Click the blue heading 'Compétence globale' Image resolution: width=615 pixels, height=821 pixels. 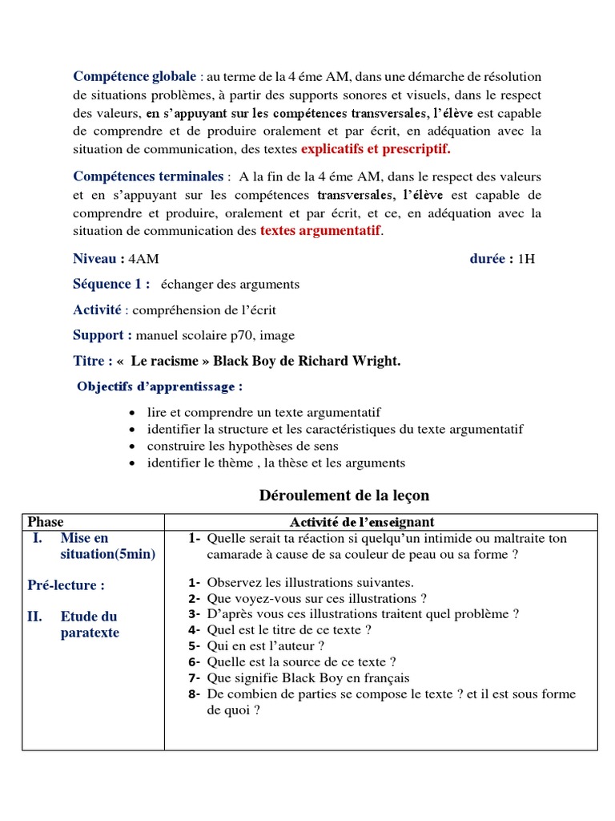click(x=135, y=77)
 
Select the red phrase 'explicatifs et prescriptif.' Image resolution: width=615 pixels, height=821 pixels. click(x=376, y=149)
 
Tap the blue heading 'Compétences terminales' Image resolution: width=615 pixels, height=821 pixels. click(x=148, y=176)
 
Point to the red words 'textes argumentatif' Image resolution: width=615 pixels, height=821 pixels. click(x=321, y=231)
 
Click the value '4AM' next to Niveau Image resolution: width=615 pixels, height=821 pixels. click(x=143, y=259)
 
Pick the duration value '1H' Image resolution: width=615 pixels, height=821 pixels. click(x=526, y=259)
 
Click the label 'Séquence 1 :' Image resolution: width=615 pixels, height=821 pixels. click(x=111, y=285)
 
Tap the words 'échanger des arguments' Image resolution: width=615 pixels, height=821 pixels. click(x=230, y=285)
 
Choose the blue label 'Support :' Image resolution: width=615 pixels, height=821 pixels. click(x=102, y=335)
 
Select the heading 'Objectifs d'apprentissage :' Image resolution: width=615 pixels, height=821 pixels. click(x=159, y=387)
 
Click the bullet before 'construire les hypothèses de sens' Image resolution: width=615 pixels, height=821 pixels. click(x=131, y=447)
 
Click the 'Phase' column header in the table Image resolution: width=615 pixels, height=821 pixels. click(x=46, y=522)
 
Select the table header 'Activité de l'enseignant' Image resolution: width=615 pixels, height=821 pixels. click(x=362, y=522)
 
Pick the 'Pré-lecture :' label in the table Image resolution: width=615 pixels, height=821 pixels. click(x=66, y=585)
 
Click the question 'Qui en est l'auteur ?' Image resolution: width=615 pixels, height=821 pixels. click(x=265, y=645)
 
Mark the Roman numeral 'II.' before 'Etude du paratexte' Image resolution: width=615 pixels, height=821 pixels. click(x=38, y=617)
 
